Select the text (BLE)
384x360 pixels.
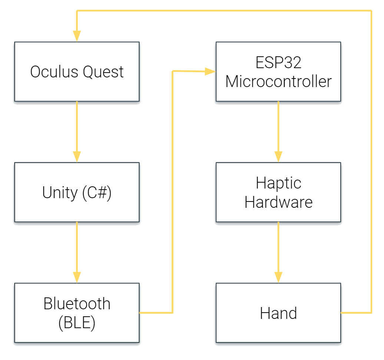point(77,323)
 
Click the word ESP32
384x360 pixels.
point(278,62)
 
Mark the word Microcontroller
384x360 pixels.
point(278,81)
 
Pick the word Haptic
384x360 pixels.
point(278,183)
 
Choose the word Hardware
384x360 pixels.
point(278,202)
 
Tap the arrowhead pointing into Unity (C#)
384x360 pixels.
point(77,157)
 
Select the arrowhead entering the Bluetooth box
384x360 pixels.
point(77,277)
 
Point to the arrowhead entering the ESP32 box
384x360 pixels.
point(210,71)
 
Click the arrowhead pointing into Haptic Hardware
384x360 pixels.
point(278,157)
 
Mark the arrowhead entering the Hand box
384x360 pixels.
point(278,277)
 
